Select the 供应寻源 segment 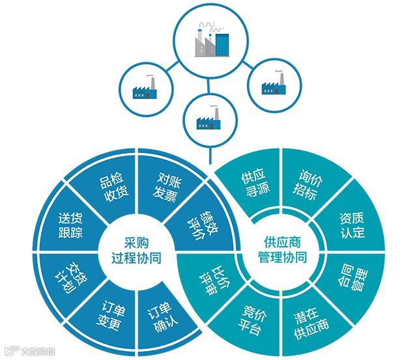[253, 185]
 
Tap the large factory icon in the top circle [213, 40]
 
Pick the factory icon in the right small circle [274, 85]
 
